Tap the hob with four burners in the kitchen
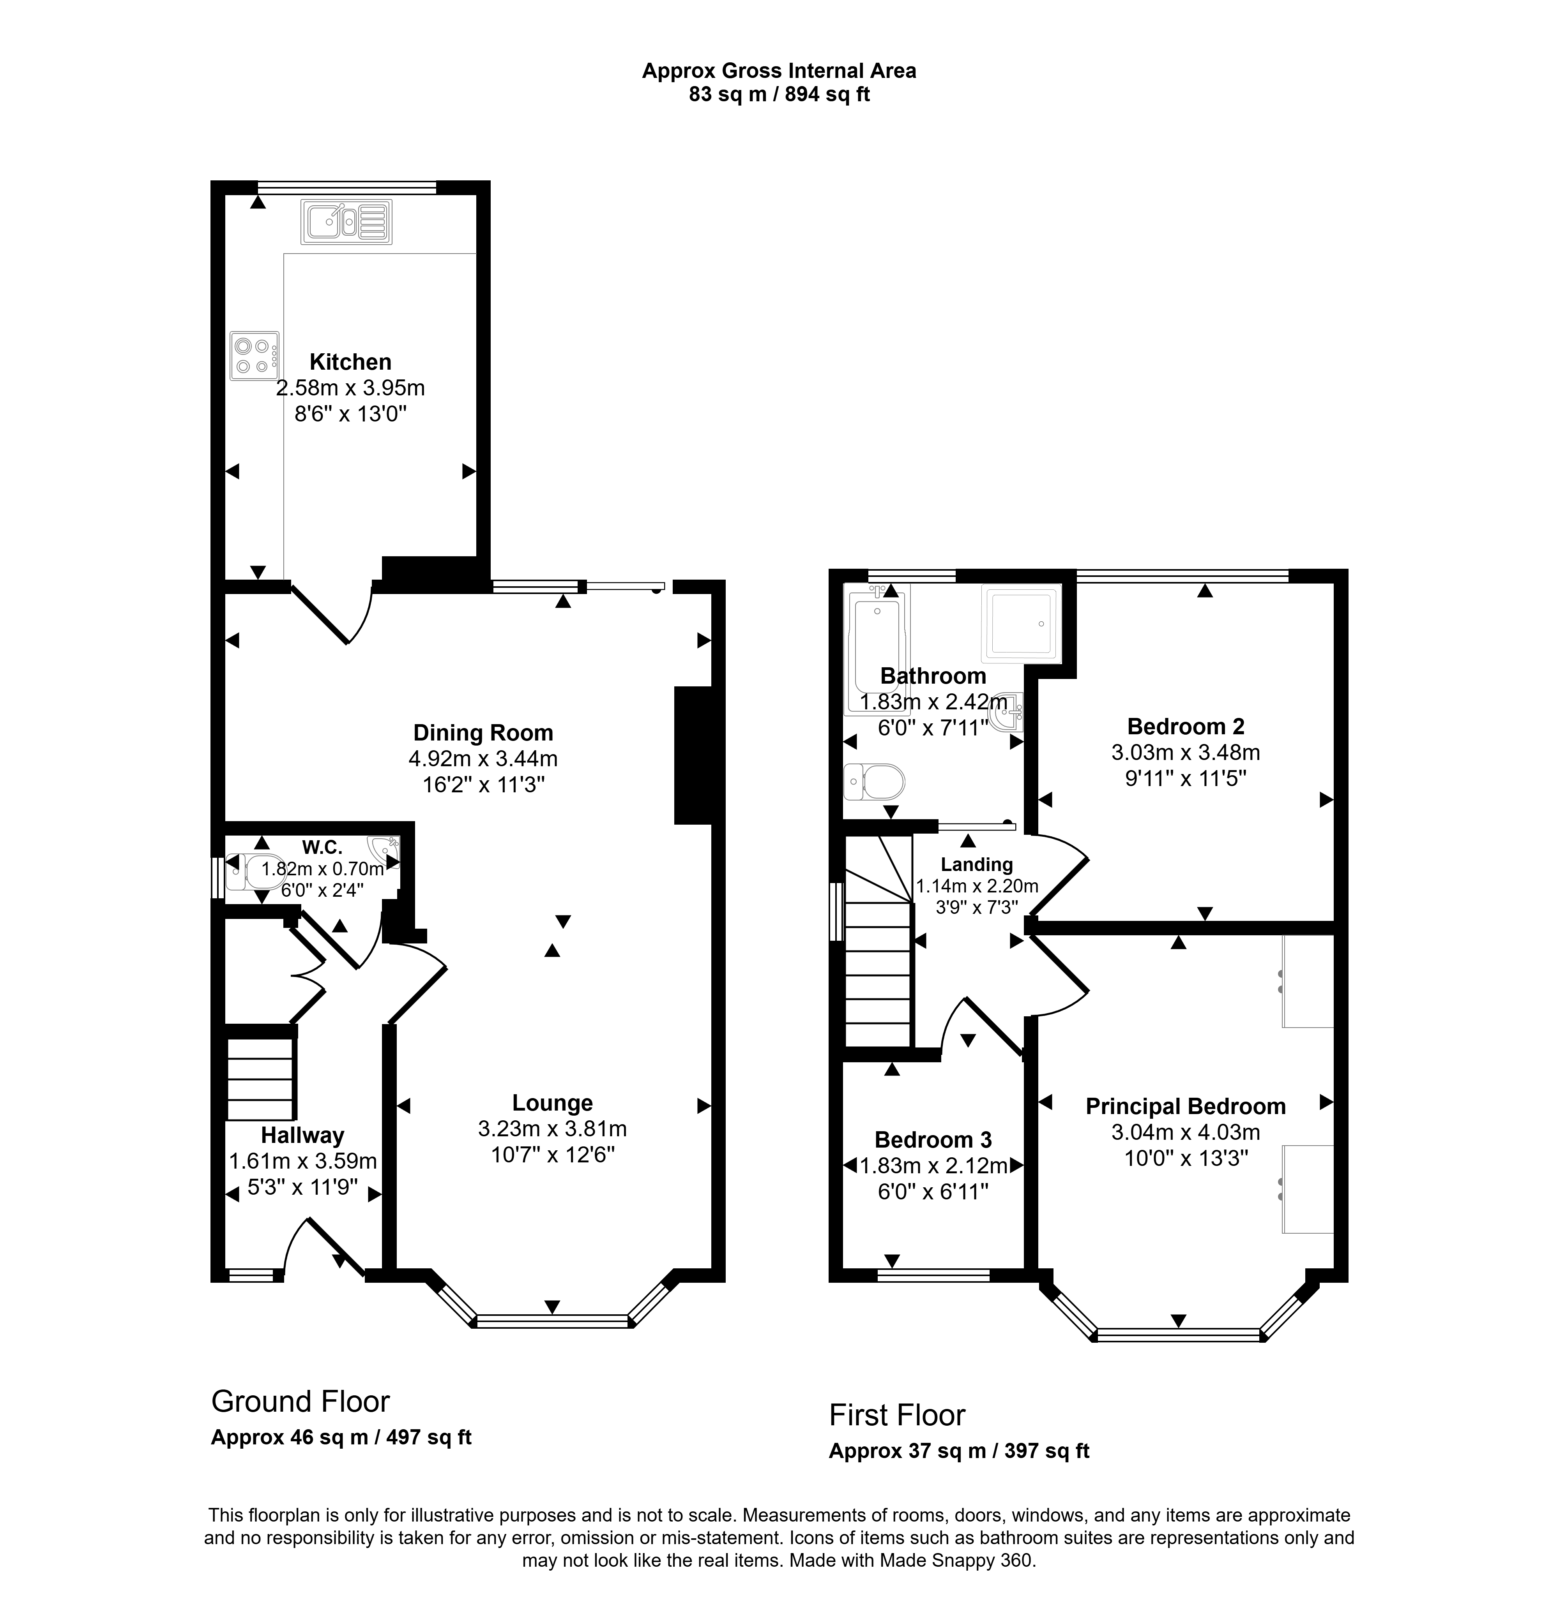tap(255, 355)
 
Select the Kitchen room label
tap(350, 362)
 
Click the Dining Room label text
tap(483, 733)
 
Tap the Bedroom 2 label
tap(1186, 726)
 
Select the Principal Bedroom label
tap(1186, 1107)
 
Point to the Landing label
tap(977, 864)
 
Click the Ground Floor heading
tap(300, 1402)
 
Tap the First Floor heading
tap(898, 1415)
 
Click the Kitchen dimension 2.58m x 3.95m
tap(350, 388)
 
